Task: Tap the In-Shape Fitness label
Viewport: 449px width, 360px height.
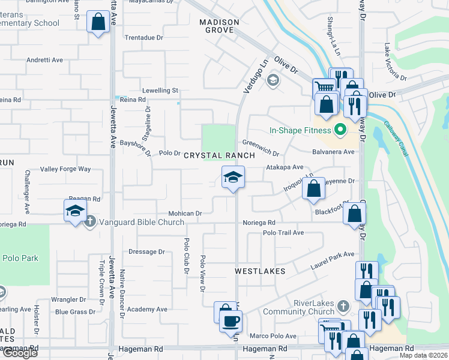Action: click(x=300, y=130)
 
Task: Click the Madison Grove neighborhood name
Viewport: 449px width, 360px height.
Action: click(x=219, y=26)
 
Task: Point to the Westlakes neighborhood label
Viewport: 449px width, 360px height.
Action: click(x=259, y=271)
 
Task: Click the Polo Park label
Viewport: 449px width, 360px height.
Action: click(x=20, y=259)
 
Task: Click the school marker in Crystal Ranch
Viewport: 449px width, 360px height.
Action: click(x=233, y=177)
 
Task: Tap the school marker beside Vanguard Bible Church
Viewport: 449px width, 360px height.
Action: click(x=75, y=211)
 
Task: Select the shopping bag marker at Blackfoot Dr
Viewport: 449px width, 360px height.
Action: click(x=355, y=213)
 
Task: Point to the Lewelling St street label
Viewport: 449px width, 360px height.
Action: click(x=158, y=91)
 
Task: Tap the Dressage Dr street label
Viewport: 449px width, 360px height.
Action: click(x=146, y=252)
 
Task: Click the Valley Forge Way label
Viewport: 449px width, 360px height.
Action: click(x=65, y=169)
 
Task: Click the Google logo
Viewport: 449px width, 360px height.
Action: click(x=19, y=352)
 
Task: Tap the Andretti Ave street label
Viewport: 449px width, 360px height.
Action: click(x=44, y=60)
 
